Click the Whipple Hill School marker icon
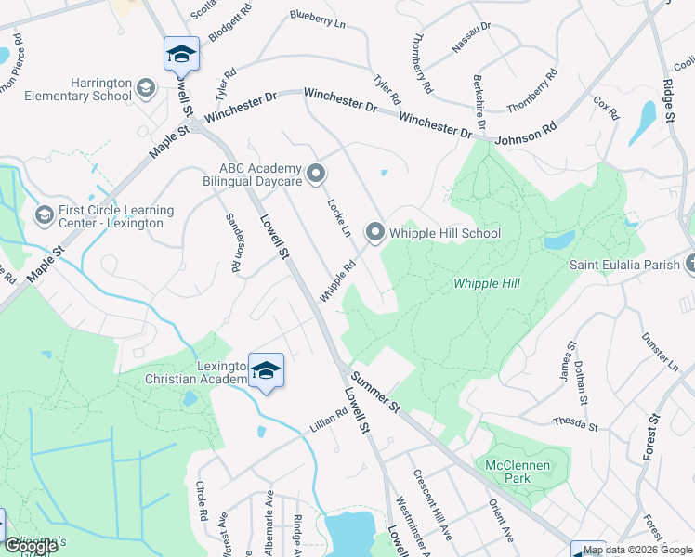(374, 232)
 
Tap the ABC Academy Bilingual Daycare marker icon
(316, 174)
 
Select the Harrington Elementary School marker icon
(145, 89)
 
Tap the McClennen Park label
(513, 472)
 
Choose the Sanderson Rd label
(234, 241)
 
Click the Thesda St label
(574, 424)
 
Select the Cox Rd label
(606, 108)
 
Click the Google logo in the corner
(32, 546)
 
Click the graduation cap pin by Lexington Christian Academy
(266, 371)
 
